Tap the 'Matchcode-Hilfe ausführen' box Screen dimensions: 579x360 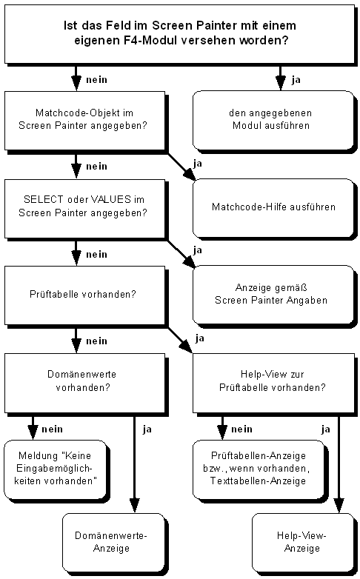click(273, 207)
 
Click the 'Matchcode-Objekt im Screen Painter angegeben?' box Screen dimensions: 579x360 click(84, 119)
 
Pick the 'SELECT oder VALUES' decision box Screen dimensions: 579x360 click(84, 207)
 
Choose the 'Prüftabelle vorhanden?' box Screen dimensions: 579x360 click(84, 294)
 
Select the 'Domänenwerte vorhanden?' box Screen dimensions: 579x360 click(84, 381)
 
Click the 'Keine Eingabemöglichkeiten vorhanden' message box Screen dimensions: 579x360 click(56, 469)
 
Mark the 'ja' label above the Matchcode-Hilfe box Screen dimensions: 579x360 click(197, 163)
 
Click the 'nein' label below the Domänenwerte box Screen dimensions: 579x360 click(52, 428)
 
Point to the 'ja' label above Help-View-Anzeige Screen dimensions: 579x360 click(325, 428)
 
